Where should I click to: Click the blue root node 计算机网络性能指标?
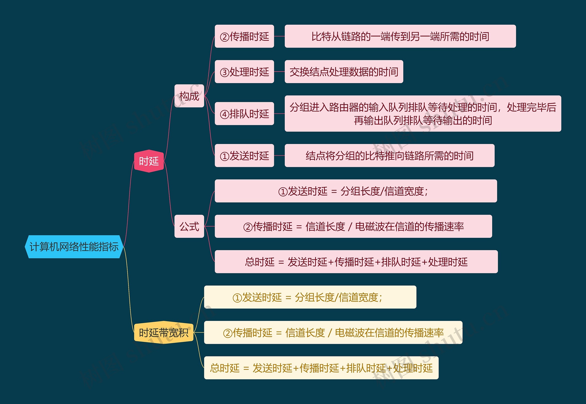[x=74, y=247]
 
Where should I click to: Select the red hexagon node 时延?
[x=149, y=161]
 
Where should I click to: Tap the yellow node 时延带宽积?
[x=163, y=332]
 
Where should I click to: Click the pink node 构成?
[x=189, y=96]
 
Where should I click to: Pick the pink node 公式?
[x=189, y=226]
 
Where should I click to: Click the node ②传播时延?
[x=244, y=36]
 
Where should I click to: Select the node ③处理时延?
[x=244, y=72]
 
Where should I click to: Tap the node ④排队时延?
[x=244, y=114]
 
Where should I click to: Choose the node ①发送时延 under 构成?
[x=244, y=155]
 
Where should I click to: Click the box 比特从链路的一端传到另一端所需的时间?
[x=400, y=36]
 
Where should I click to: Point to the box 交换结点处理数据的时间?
[x=344, y=72]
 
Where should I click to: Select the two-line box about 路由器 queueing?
[x=423, y=114]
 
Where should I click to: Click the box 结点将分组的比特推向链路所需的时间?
[x=389, y=155]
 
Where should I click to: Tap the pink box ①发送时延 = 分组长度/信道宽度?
[x=356, y=191]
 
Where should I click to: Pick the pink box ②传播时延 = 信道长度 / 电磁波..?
[x=353, y=226]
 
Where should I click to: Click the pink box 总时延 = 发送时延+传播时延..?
[x=356, y=261]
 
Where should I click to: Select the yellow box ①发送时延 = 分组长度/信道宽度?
[x=310, y=297]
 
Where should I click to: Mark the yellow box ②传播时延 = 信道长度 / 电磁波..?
[x=333, y=332]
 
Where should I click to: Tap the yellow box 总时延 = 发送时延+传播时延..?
[x=321, y=368]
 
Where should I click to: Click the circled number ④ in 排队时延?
[x=225, y=114]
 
